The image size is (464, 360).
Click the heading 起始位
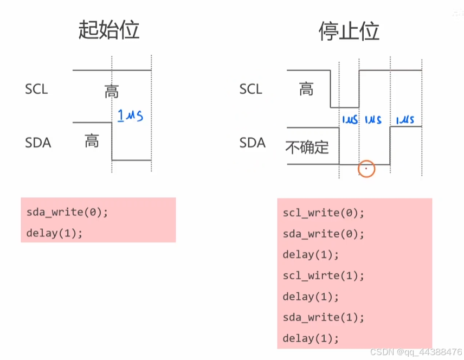(x=109, y=30)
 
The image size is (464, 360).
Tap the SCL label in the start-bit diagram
(x=36, y=89)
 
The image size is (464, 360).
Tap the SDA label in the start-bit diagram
(x=38, y=143)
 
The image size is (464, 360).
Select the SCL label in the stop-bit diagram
(x=250, y=89)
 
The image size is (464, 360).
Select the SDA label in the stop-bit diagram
(x=252, y=143)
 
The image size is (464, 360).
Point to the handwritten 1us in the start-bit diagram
(x=131, y=115)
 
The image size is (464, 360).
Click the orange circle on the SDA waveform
(x=366, y=169)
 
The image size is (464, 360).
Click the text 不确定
(x=307, y=147)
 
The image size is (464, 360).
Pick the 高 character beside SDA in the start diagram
(x=92, y=142)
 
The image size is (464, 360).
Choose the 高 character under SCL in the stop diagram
(x=306, y=88)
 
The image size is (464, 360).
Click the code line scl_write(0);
(x=324, y=213)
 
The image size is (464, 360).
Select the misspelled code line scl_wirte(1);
(x=324, y=276)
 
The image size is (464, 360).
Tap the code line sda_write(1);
(x=324, y=317)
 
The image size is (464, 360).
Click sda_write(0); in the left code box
(x=67, y=212)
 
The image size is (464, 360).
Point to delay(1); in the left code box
(x=54, y=233)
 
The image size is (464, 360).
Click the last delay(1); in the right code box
(x=311, y=338)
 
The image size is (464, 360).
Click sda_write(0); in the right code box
(x=324, y=234)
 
